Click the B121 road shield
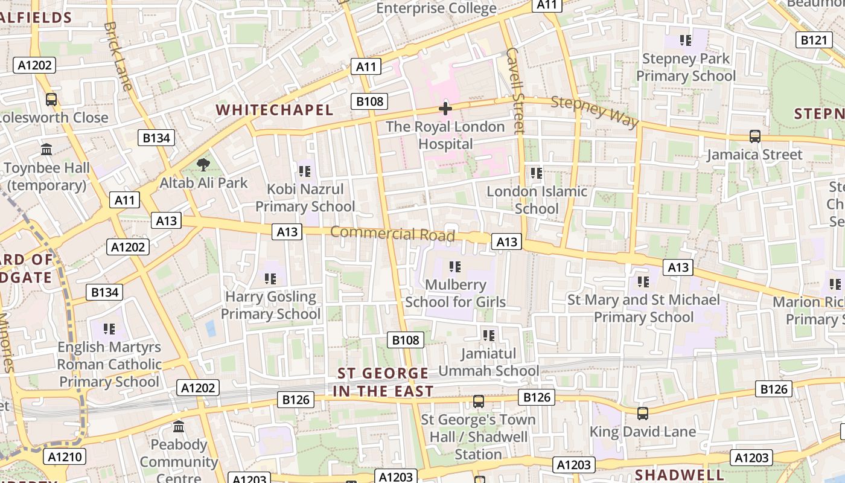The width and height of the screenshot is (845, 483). pos(813,40)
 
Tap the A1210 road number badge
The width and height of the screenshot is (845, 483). pos(65,457)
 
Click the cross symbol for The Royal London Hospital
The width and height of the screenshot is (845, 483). pos(445,109)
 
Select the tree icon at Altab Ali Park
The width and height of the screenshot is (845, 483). pos(204,164)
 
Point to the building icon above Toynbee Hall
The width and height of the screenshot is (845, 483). pos(46,149)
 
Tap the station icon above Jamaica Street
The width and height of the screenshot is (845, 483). pos(754,136)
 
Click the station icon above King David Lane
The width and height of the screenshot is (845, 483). pos(643,414)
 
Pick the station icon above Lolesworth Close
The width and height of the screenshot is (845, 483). pos(51,100)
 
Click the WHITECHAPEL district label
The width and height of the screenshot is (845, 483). pos(275,110)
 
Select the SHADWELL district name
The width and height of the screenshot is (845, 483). pos(680,475)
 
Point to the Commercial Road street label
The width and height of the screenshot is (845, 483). pos(392,234)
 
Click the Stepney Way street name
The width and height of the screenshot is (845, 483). pos(595,112)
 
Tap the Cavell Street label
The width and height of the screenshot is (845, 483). pos(515,91)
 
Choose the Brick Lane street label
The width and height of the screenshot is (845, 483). pos(118,56)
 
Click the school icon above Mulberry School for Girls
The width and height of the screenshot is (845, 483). pos(455,266)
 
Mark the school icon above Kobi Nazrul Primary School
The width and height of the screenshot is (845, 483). pos(305,171)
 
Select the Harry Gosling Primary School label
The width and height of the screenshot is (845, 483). pos(270,305)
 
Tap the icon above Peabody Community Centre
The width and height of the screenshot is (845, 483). pos(179,427)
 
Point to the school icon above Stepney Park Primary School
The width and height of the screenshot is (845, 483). pos(685,40)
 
